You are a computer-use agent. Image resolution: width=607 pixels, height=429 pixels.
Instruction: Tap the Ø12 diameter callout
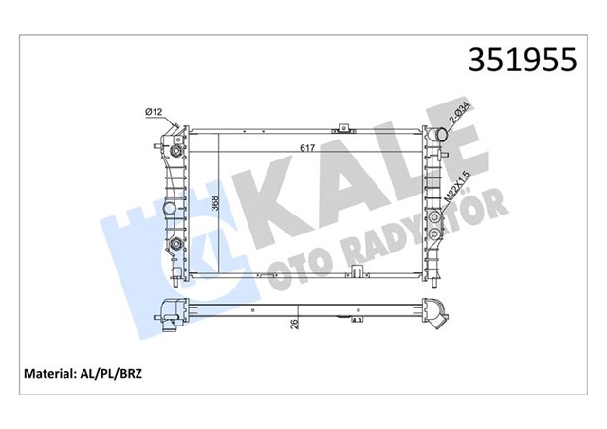coord(156,113)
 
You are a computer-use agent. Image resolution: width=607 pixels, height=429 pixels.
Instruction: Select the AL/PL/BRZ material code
coord(120,374)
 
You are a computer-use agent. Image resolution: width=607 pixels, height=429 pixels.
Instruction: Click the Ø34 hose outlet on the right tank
coord(438,138)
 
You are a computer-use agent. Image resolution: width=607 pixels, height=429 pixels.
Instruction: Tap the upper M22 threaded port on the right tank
coord(435,214)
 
